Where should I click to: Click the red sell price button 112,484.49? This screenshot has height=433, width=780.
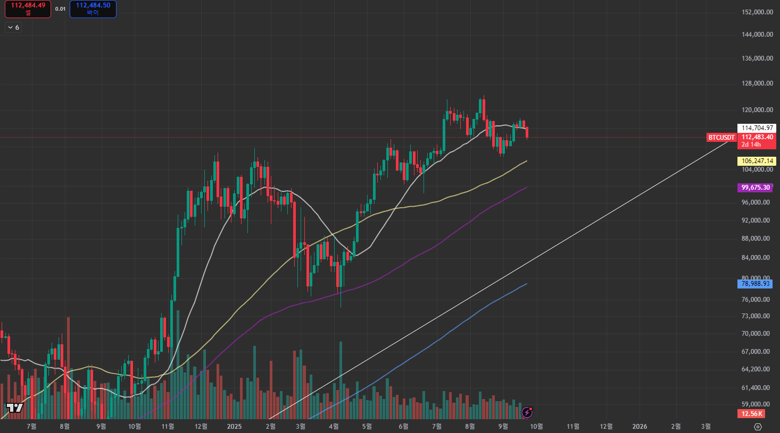(28, 9)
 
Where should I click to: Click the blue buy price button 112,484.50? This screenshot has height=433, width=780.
(93, 9)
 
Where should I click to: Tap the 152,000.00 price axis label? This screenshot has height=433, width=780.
(757, 12)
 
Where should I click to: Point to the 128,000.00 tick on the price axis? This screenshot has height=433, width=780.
(757, 83)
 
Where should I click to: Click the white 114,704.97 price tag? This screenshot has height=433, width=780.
(757, 128)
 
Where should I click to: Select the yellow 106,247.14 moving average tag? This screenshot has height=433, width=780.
(757, 161)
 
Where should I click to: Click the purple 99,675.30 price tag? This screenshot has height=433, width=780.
(756, 188)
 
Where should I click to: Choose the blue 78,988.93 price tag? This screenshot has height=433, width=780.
(756, 284)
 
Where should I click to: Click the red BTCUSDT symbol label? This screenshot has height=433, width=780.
(721, 138)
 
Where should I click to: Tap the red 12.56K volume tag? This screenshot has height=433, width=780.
(752, 414)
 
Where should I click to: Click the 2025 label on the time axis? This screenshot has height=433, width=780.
(234, 426)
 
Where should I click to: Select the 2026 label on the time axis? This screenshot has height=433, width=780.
(640, 426)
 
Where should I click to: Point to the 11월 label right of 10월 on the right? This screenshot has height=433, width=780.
(573, 426)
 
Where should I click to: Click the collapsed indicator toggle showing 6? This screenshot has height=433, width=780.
(13, 28)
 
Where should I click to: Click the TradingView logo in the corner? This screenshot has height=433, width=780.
(15, 408)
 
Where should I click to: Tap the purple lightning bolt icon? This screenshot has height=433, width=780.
(527, 412)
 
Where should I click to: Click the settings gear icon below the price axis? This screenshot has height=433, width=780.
(758, 427)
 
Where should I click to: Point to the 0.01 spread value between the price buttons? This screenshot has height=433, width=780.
(60, 9)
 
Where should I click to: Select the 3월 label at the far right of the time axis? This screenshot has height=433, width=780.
(706, 426)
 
